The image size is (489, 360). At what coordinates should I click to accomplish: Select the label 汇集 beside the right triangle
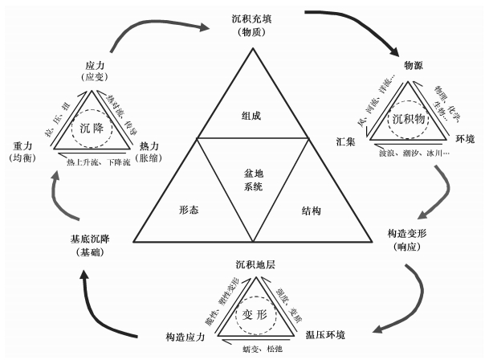[x=347, y=142]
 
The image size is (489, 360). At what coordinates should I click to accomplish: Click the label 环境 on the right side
[x=464, y=138]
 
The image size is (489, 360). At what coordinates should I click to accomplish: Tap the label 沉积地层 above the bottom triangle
[x=255, y=264]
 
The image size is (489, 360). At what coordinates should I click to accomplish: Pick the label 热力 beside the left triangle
[x=150, y=145]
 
